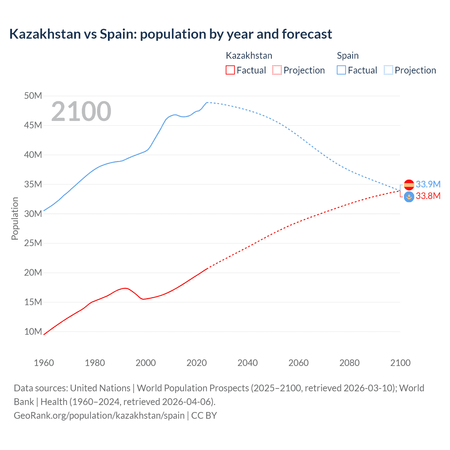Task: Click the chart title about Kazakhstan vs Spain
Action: pyautogui.click(x=171, y=34)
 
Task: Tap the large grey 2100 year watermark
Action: pyautogui.click(x=81, y=111)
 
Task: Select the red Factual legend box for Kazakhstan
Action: pyautogui.click(x=230, y=70)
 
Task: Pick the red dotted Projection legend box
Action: pyautogui.click(x=277, y=70)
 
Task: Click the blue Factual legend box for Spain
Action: pyautogui.click(x=341, y=70)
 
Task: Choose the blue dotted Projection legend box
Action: pyautogui.click(x=388, y=70)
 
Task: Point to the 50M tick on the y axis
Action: pyautogui.click(x=33, y=96)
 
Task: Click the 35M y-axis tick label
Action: pyautogui.click(x=33, y=184)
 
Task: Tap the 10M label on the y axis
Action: pyautogui.click(x=33, y=332)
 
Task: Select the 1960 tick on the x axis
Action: pyautogui.click(x=44, y=363)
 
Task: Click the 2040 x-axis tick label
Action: pyautogui.click(x=247, y=363)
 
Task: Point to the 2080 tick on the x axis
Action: pyautogui.click(x=349, y=363)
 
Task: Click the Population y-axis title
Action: pyautogui.click(x=15, y=218)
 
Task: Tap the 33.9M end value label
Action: pyautogui.click(x=428, y=184)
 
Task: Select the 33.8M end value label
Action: pyautogui.click(x=428, y=196)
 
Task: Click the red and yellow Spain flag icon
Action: pyautogui.click(x=409, y=185)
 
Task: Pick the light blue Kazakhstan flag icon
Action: pyautogui.click(x=409, y=197)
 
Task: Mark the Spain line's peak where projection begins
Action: pyautogui.click(x=207, y=102)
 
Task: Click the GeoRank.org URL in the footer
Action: pyautogui.click(x=99, y=416)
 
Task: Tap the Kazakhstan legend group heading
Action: pyautogui.click(x=249, y=56)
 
